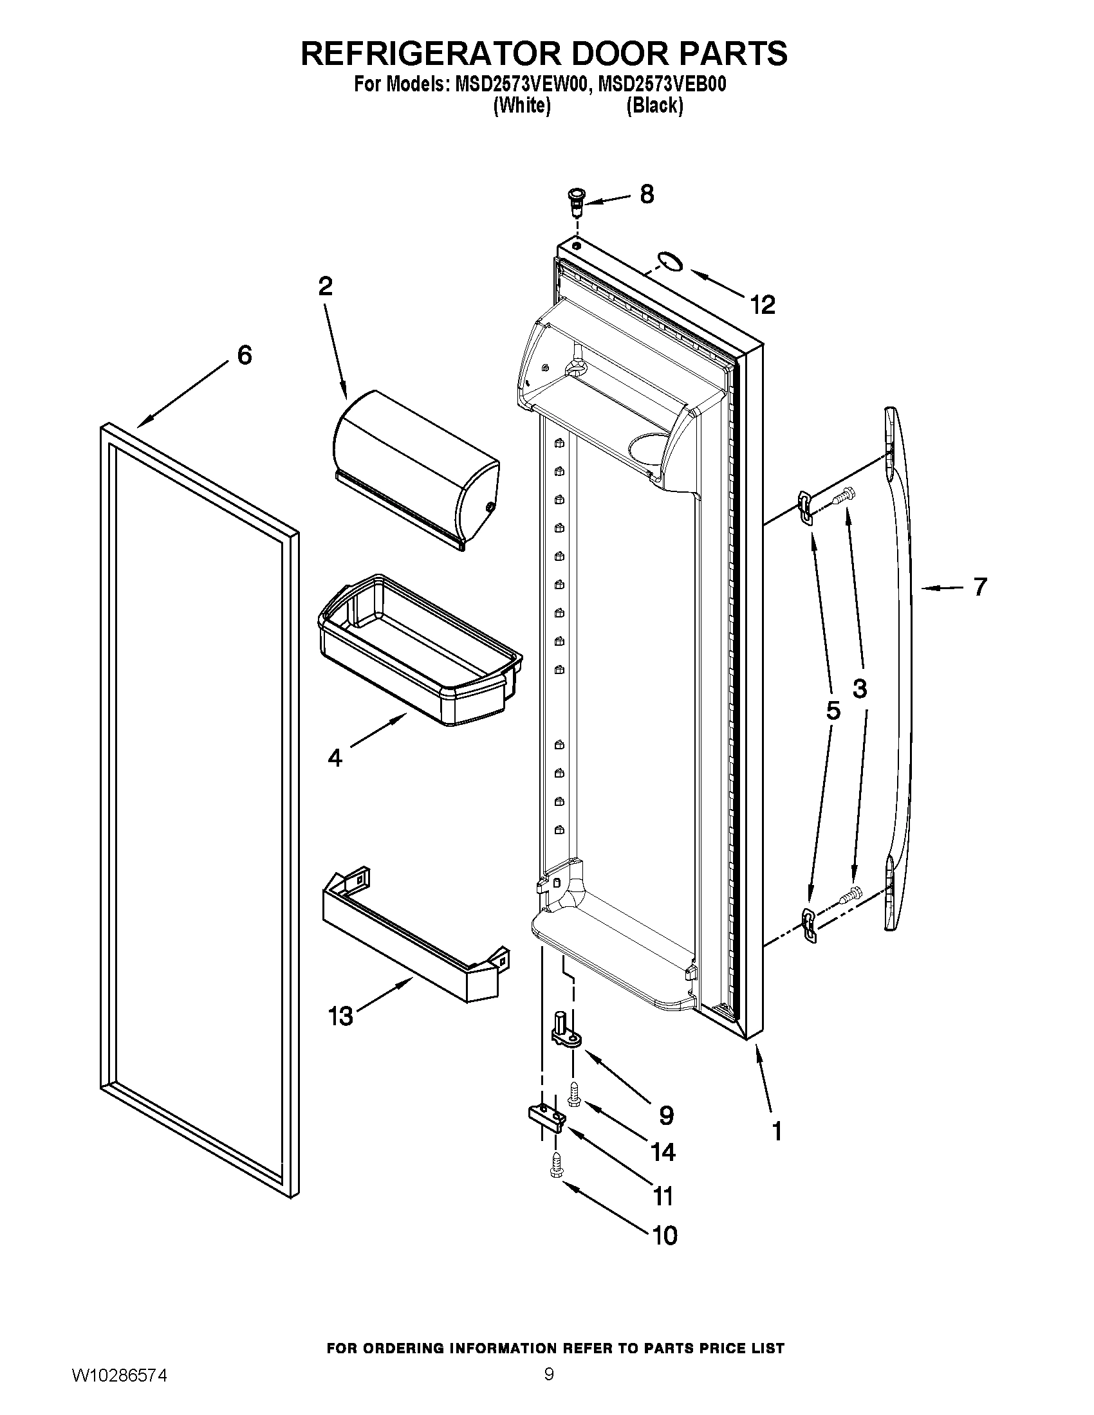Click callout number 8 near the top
pos(646,194)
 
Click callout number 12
pos(763,304)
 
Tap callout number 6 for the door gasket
pos(245,355)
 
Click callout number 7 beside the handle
pos(979,587)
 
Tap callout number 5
pos(833,711)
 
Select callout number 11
pos(663,1196)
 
